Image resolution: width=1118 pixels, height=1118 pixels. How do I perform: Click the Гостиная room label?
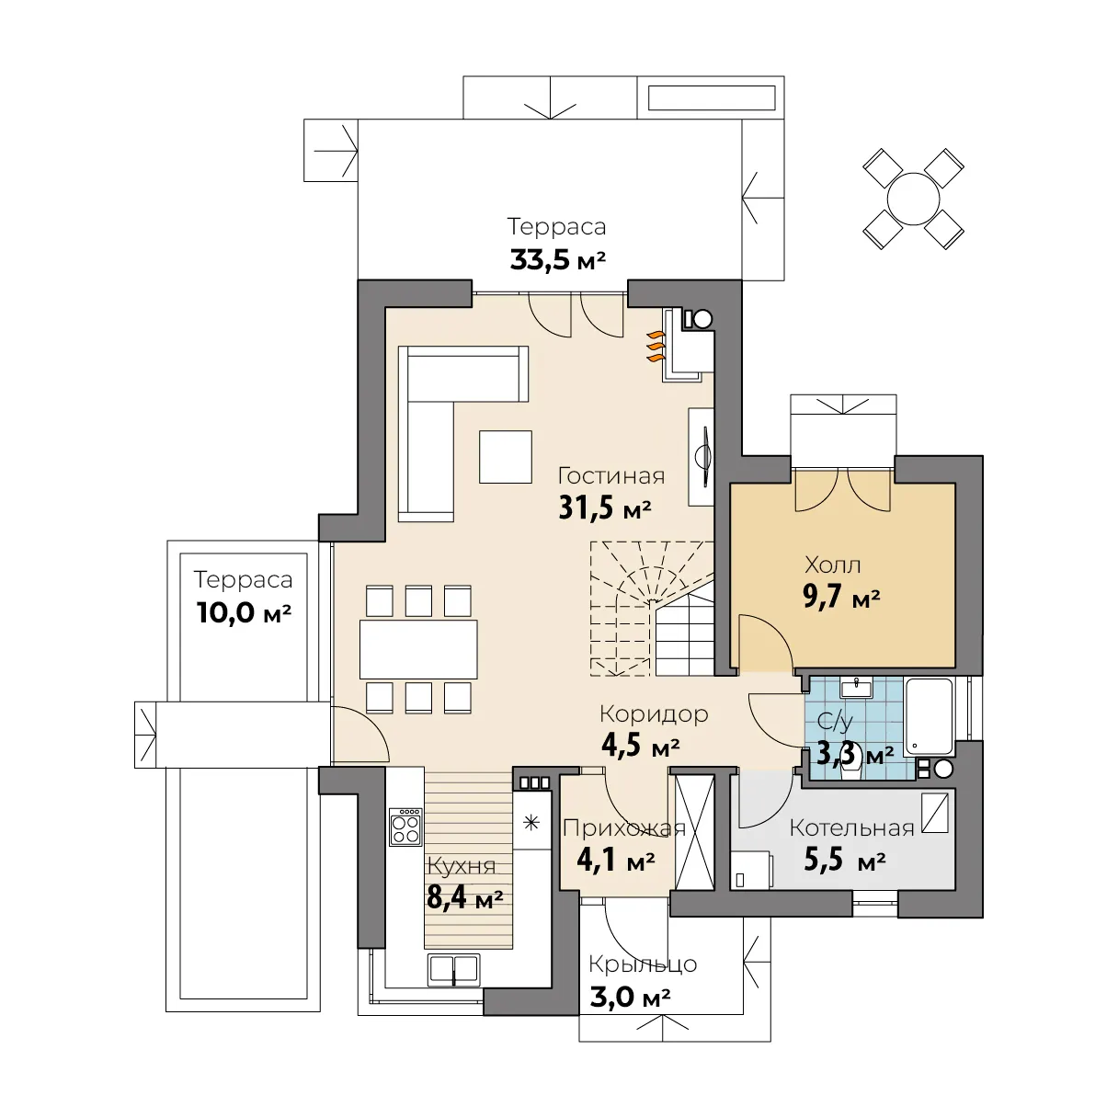point(610,476)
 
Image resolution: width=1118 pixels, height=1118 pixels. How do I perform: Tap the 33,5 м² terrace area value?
point(557,260)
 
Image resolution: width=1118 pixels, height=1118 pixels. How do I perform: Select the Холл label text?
point(833,565)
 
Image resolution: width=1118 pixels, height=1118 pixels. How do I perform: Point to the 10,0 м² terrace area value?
point(244,612)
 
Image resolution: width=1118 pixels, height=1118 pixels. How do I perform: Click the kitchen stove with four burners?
point(405,827)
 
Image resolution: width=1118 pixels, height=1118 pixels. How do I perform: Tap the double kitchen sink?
point(453,969)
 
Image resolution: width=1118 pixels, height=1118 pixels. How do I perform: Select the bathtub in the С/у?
point(929,718)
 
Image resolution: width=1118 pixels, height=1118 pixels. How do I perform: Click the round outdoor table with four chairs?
point(913,199)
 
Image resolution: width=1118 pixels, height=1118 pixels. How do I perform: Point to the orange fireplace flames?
point(656,347)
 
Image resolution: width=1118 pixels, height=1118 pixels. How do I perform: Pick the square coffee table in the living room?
point(506,457)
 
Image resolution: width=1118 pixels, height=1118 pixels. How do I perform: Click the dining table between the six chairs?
point(418,649)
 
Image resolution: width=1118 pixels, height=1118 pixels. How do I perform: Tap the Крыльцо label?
point(643,964)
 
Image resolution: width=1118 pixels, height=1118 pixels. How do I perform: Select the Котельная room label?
point(851,827)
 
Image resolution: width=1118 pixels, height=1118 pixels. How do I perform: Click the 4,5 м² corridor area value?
point(641,746)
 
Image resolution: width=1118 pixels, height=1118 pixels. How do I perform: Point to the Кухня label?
point(462,866)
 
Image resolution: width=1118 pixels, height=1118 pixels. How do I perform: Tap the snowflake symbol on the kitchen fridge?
point(531,823)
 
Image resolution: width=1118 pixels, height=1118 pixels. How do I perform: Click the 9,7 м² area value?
point(841,596)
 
